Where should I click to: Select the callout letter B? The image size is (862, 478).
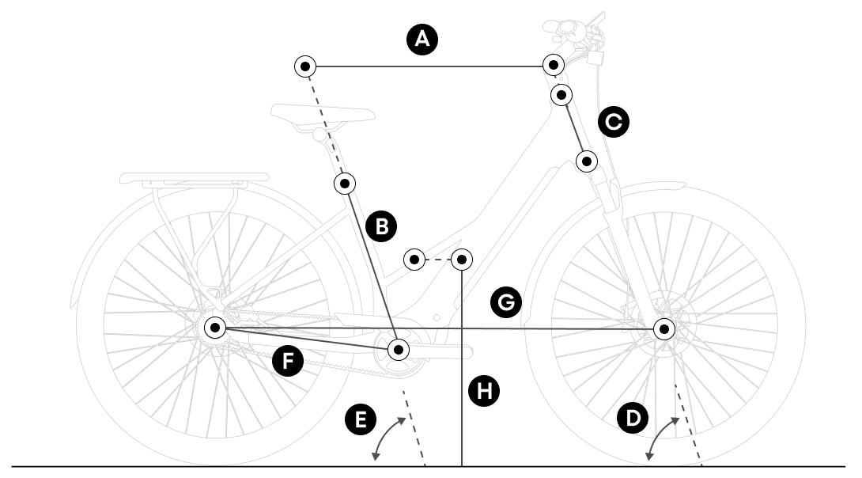(381, 226)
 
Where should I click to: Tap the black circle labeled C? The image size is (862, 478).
(613, 122)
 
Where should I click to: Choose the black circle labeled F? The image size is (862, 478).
(288, 362)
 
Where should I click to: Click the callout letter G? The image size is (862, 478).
(505, 301)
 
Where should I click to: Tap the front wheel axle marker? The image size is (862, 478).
(664, 328)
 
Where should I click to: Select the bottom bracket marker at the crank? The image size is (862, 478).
(399, 348)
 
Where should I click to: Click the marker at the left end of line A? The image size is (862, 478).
(305, 66)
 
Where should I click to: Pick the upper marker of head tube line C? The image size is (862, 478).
(561, 95)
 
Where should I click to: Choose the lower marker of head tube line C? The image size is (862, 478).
(587, 161)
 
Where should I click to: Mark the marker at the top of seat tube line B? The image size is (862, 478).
(345, 184)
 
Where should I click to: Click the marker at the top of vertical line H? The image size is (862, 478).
(462, 258)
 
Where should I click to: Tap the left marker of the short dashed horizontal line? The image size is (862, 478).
(414, 259)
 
